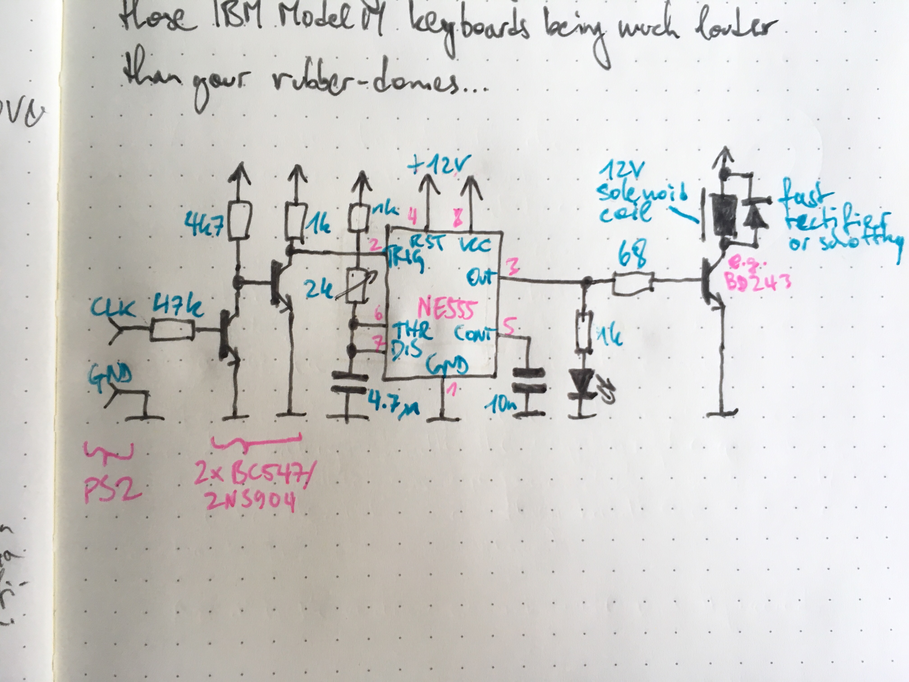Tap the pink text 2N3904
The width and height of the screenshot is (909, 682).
coord(252,502)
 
